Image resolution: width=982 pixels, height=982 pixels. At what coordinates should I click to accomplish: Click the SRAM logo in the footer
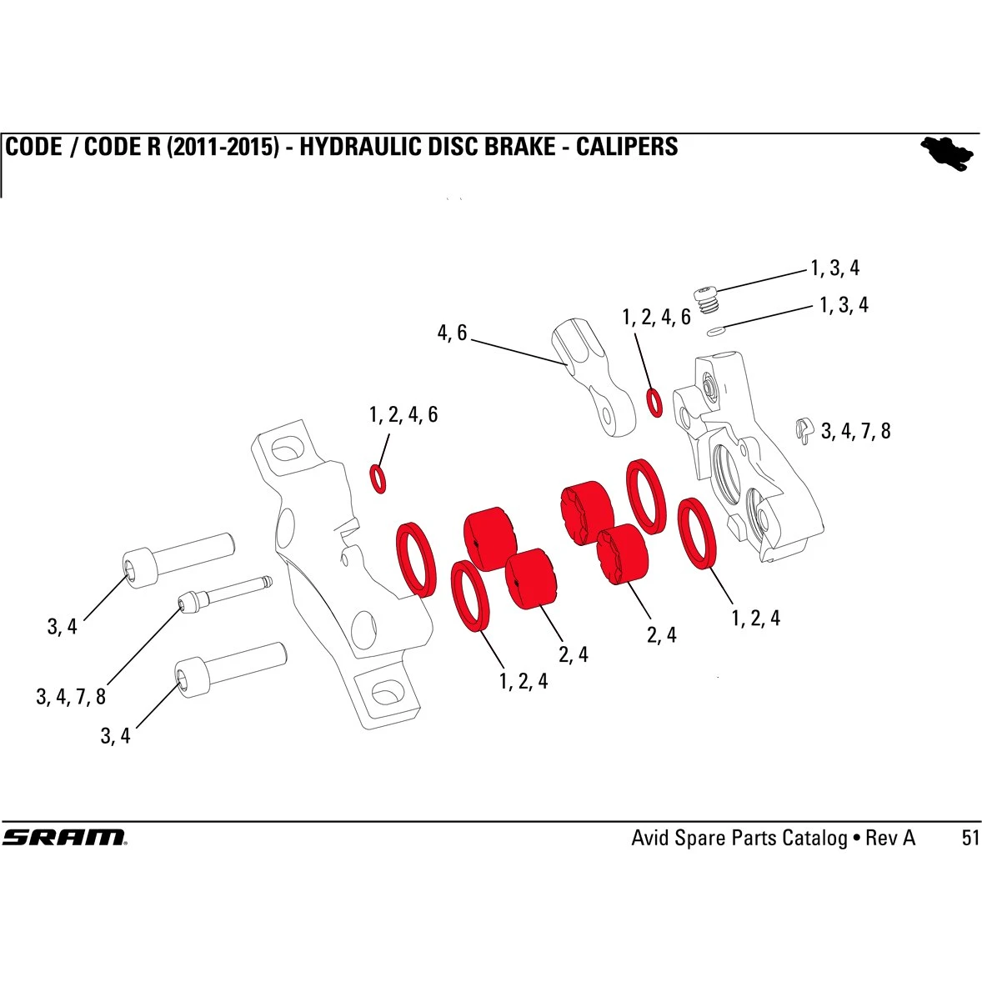pos(64,837)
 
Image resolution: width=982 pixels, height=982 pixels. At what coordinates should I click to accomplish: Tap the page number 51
pos(970,838)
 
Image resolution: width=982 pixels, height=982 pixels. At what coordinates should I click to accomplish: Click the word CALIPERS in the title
pos(627,148)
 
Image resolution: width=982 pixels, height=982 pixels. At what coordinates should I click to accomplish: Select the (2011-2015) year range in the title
pos(223,148)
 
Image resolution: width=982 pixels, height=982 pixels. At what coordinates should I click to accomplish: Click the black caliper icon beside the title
pos(948,153)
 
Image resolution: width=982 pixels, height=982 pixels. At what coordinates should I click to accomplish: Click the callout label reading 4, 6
pos(452,333)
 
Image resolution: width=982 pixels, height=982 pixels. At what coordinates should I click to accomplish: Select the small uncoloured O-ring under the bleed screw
pos(715,332)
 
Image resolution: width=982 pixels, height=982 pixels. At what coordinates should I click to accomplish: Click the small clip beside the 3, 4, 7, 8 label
pos(804,428)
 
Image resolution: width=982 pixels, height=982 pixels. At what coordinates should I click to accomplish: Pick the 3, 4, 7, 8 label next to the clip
pos(856,431)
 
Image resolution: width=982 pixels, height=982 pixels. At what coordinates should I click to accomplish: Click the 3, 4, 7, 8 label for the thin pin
pos(71,697)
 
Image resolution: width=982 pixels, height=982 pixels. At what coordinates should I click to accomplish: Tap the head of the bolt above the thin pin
pos(141,567)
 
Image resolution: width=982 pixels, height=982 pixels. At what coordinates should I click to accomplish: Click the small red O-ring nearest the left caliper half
pos(378,478)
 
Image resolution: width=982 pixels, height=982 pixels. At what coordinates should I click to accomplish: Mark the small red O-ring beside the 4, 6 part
pos(655,402)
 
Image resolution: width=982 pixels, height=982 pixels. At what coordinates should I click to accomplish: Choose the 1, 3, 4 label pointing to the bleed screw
pos(834,268)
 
